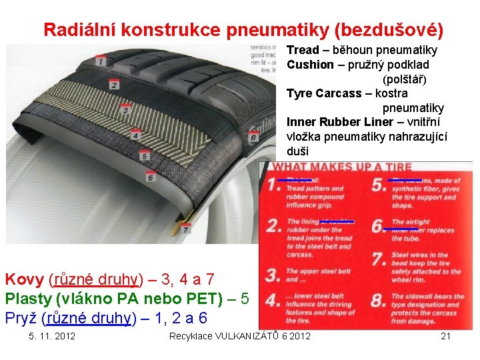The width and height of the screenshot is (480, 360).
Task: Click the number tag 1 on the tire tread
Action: [x=100, y=61]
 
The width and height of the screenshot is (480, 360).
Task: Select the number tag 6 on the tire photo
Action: [x=151, y=177]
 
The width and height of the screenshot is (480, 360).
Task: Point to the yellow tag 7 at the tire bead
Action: [x=185, y=228]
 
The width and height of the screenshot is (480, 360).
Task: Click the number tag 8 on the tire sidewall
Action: [x=253, y=137]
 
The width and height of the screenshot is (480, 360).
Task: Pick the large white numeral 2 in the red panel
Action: [x=273, y=225]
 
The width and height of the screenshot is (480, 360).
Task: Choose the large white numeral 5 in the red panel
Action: [x=379, y=185]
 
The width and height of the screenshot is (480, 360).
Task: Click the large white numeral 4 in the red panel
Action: [x=273, y=300]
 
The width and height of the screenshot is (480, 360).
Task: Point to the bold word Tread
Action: [x=303, y=50]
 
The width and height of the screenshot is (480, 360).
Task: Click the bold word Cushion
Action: [x=310, y=65]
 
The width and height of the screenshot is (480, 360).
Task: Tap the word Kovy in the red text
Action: [x=25, y=279]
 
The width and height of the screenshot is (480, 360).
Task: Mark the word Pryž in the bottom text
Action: [x=21, y=317]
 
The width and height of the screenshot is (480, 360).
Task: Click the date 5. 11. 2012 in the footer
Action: [x=52, y=335]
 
